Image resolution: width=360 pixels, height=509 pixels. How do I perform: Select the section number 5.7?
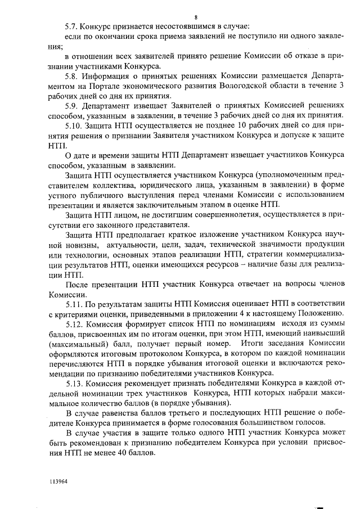pyautogui.click(x=72, y=26)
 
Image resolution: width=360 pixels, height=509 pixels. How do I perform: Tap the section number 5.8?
pyautogui.click(x=72, y=75)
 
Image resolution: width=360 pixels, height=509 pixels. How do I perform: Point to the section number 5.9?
pyautogui.click(x=72, y=105)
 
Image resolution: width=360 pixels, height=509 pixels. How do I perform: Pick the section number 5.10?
pyautogui.click(x=74, y=125)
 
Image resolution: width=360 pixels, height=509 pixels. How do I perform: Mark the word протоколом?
pyautogui.click(x=145, y=354)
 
